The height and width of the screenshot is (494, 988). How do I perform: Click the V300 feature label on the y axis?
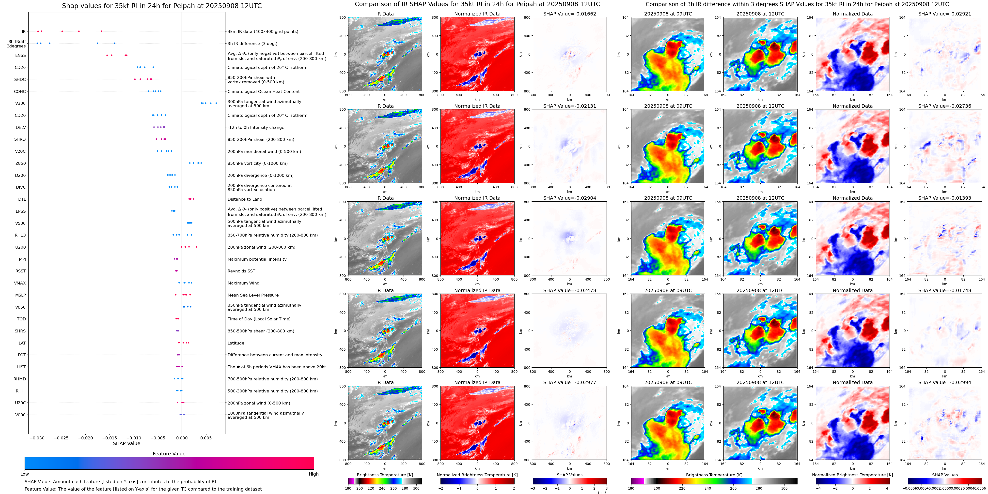click(20, 104)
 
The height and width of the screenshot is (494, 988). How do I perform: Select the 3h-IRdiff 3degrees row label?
click(17, 44)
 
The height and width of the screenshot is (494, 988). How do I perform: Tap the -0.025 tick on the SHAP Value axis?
click(61, 438)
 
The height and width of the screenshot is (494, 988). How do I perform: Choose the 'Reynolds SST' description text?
click(241, 271)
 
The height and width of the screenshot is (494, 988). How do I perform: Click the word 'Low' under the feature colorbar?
click(25, 474)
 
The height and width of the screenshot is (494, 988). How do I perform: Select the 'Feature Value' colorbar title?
click(169, 454)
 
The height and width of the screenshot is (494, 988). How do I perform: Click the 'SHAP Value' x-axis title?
click(126, 443)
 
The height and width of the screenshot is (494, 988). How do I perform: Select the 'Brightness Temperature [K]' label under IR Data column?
click(385, 475)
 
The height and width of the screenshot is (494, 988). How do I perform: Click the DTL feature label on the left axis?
click(22, 199)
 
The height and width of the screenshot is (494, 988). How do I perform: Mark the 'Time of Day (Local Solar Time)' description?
click(259, 319)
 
